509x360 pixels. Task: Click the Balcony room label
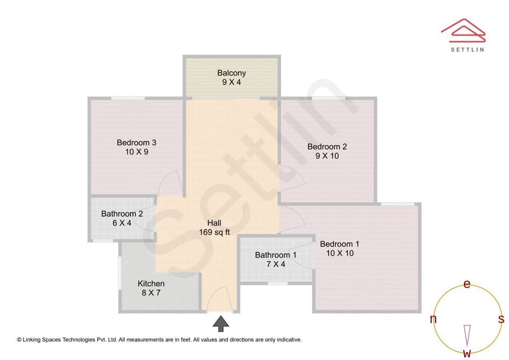[231, 73]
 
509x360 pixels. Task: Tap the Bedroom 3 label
[137, 142]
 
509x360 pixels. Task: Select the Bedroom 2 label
[327, 147]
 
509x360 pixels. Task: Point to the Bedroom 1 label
[339, 244]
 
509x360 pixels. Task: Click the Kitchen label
[151, 283]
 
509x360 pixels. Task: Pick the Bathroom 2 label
[122, 213]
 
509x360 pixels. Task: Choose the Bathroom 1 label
[276, 255]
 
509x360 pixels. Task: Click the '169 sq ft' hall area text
[214, 232]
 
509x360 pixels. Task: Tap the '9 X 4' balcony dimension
[231, 82]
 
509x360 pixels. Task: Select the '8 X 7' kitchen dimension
[151, 293]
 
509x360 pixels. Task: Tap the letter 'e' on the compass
[467, 284]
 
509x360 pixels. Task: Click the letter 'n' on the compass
[433, 319]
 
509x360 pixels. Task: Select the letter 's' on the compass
[501, 319]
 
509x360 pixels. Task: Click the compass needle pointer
[467, 335]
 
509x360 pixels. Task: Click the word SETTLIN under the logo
[468, 49]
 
